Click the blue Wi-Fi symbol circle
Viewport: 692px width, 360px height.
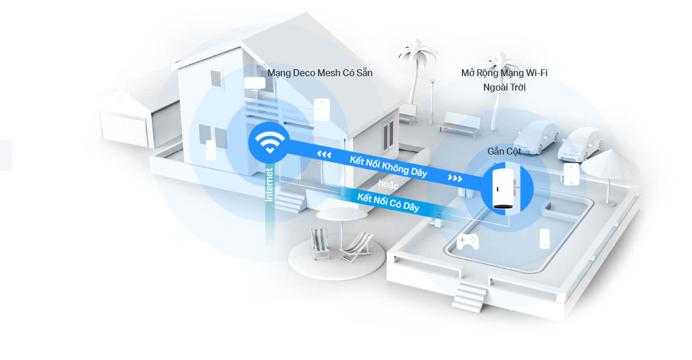[x=268, y=142]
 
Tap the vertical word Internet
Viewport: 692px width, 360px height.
[x=269, y=184]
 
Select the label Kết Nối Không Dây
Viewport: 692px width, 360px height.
[x=388, y=166]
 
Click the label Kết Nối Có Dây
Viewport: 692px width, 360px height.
[x=388, y=202]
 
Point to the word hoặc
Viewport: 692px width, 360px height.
[x=389, y=183]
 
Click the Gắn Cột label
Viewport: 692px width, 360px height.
[x=504, y=151]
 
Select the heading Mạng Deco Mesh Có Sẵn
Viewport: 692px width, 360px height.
[x=319, y=73]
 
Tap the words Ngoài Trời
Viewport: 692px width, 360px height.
[x=504, y=87]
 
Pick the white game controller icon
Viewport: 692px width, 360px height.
[x=468, y=242]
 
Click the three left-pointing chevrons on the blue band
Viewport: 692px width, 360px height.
[x=324, y=154]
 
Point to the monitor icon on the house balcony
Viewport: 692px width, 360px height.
[x=254, y=83]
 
